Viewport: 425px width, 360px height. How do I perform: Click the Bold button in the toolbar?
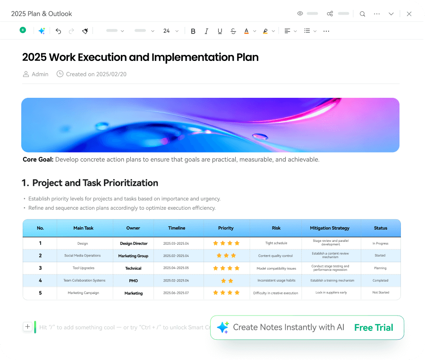pyautogui.click(x=193, y=31)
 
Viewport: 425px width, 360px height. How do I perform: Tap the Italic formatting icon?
pyautogui.click(x=206, y=31)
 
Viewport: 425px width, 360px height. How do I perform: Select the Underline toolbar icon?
pyautogui.click(x=220, y=31)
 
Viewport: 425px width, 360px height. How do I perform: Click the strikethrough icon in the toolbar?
pyautogui.click(x=233, y=31)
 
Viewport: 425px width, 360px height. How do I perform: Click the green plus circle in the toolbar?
pyautogui.click(x=23, y=30)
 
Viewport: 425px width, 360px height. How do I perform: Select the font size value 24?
pyautogui.click(x=166, y=31)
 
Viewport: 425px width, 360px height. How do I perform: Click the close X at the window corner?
pyautogui.click(x=409, y=14)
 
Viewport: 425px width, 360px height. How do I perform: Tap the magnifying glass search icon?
pyautogui.click(x=362, y=14)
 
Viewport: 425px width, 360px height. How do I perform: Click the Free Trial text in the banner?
pyautogui.click(x=374, y=327)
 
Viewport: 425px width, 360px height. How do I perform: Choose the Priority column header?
pyautogui.click(x=226, y=228)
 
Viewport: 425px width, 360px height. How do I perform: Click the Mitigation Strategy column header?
pyautogui.click(x=330, y=228)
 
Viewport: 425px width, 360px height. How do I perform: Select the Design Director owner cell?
pyautogui.click(x=134, y=243)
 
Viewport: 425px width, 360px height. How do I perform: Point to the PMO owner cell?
pyautogui.click(x=133, y=281)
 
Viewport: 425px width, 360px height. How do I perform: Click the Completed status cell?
pyautogui.click(x=380, y=281)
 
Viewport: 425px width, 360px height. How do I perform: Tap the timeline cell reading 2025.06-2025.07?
pyautogui.click(x=176, y=293)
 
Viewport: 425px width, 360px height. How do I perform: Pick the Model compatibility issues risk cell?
pyautogui.click(x=276, y=268)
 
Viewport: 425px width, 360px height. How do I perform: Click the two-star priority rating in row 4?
pyautogui.click(x=227, y=281)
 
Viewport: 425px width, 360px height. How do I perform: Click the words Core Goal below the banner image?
pyautogui.click(x=38, y=159)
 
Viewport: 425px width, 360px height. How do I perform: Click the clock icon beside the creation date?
pyautogui.click(x=60, y=74)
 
